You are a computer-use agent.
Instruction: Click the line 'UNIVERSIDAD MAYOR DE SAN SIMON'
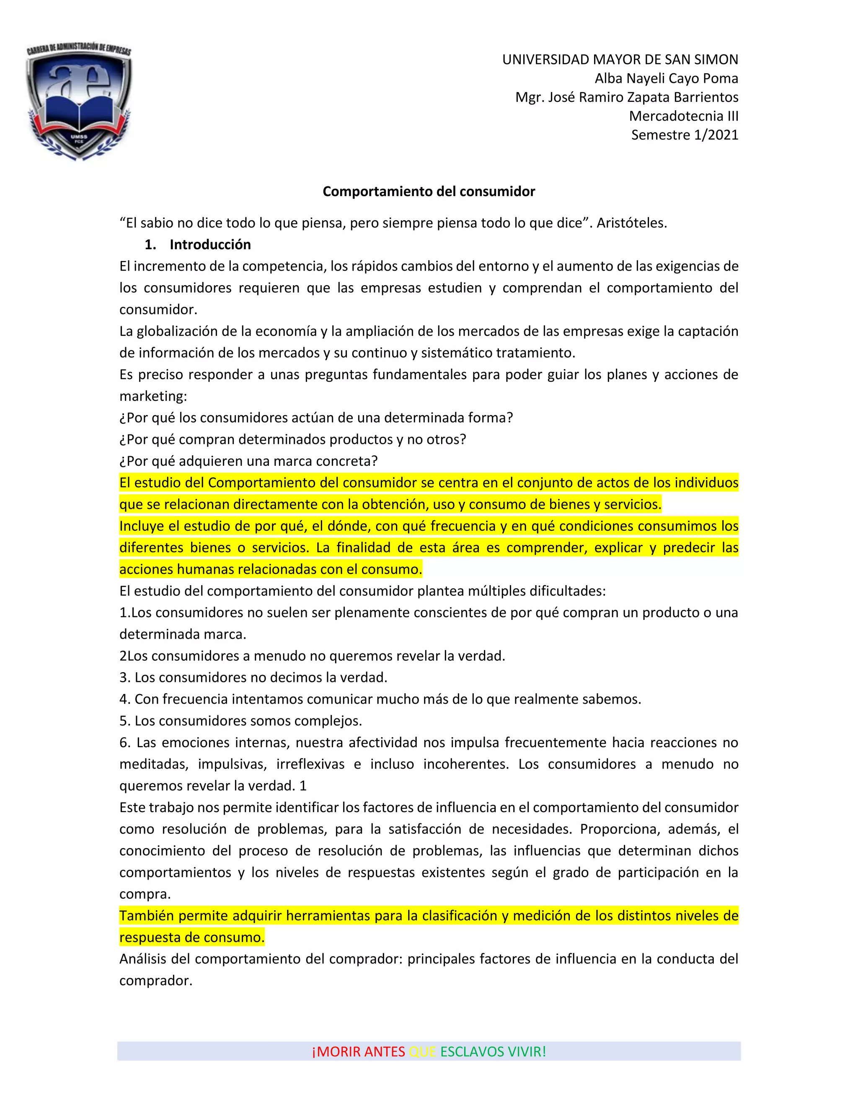[x=620, y=59]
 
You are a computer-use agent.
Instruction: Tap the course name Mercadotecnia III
[x=683, y=116]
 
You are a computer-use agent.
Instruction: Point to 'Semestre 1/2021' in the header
[x=684, y=135]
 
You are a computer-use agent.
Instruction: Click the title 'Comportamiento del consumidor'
[x=429, y=191]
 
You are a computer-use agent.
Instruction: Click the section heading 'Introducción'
[x=210, y=245]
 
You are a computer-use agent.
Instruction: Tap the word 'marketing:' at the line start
[x=153, y=396]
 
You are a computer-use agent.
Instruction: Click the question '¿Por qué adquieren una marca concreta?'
[x=248, y=461]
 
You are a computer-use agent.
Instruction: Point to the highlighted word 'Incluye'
[x=141, y=526]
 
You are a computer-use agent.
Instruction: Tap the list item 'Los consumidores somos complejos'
[x=248, y=721]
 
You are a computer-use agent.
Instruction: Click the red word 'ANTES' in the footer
[x=384, y=1051]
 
